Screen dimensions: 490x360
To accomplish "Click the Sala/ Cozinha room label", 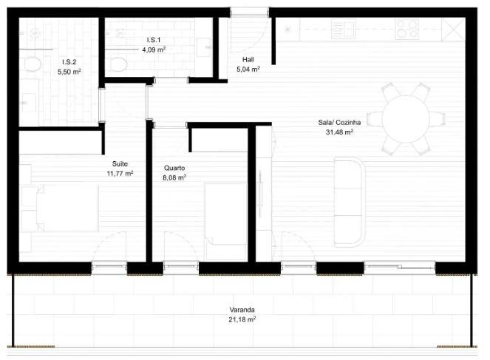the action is pos(339,123).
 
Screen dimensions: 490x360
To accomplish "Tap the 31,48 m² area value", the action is pos(339,132).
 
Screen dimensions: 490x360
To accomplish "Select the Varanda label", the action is pos(242,310).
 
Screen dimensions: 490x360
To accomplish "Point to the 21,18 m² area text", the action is pos(242,319).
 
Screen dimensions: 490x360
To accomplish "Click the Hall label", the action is pos(248,59).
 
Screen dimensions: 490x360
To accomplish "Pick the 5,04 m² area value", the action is pos(248,69).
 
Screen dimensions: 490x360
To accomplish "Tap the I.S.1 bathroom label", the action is pos(154,40).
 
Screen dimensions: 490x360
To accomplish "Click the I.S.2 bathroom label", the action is pos(69,62).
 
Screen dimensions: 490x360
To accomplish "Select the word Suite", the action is pos(120,164).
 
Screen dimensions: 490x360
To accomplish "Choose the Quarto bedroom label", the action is pos(174,168).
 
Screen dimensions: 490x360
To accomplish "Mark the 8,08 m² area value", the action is pos(174,178).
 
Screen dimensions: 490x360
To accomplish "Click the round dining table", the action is pos(406,119).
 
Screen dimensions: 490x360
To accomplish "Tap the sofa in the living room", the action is pos(350,202).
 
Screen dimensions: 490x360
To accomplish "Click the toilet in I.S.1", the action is pos(118,64).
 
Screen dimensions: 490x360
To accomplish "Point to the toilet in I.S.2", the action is pos(33,64).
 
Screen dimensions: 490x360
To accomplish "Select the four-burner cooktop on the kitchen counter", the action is pos(407,29).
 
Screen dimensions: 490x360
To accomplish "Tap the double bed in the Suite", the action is pos(59,208).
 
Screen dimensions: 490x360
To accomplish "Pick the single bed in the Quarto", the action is pos(226,214).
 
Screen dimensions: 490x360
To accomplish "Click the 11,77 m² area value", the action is pos(120,174).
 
